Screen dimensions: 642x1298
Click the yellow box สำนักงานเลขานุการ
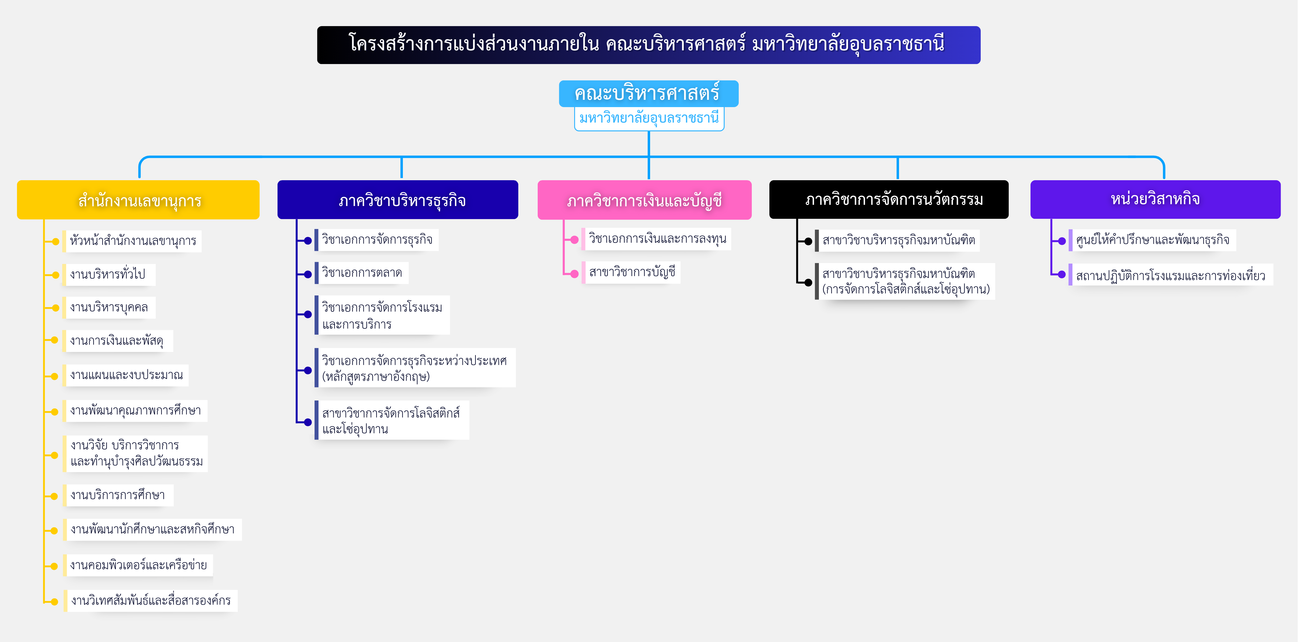(138, 200)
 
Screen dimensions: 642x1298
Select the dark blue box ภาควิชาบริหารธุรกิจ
(397, 200)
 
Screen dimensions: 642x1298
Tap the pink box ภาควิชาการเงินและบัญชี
(645, 200)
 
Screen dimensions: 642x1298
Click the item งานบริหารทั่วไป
(108, 274)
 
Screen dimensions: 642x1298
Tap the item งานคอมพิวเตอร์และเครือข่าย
(138, 565)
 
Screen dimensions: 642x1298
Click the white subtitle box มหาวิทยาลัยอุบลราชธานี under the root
(649, 119)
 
